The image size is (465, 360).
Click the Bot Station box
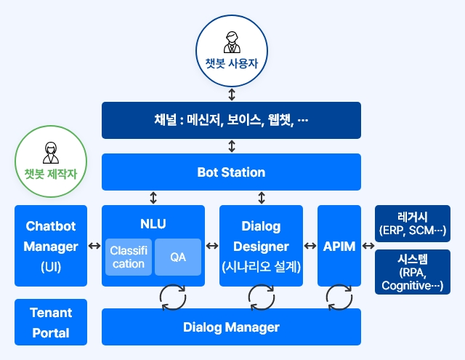231,172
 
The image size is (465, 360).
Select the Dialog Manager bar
231,327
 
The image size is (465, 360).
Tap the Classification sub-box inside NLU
129,257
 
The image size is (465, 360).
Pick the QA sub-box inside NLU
178,257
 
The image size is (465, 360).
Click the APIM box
339,246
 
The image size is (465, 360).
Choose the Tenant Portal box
51,322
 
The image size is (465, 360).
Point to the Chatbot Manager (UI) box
51,246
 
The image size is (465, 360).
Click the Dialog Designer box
261,246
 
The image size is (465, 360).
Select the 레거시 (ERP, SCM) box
413,223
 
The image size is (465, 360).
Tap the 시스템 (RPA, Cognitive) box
413,272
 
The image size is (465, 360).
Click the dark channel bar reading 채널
231,120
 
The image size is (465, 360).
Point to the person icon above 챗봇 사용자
232,42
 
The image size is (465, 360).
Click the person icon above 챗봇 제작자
51,153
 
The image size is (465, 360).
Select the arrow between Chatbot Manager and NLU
94,246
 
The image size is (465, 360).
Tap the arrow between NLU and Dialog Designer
212,246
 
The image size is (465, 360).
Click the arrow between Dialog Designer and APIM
310,246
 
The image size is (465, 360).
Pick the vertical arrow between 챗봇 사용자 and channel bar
232,95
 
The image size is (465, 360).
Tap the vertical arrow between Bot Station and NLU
153,198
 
